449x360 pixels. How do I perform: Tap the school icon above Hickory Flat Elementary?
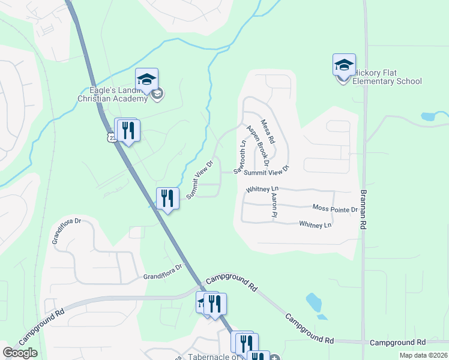point(344,65)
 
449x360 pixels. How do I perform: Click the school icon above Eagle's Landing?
point(146,79)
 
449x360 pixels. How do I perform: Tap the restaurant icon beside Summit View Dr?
point(168,198)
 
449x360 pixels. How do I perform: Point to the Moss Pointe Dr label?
point(335,209)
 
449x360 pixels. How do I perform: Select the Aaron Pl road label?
point(274,205)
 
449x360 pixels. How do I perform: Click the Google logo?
point(20,353)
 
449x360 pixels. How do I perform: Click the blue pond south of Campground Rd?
point(315,304)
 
